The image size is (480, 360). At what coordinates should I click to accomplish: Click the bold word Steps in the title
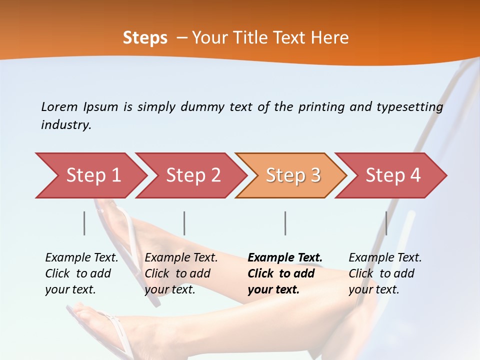(145, 38)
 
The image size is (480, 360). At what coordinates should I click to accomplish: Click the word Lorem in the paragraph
(59, 106)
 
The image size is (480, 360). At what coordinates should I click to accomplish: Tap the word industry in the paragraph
(66, 125)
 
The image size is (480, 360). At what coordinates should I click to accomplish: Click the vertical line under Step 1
(84, 223)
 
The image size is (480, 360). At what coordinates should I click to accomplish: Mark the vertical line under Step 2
(184, 223)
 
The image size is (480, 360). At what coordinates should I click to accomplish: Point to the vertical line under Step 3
(285, 223)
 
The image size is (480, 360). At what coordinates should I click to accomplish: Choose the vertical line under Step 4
(386, 223)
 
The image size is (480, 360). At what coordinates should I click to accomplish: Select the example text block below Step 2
(180, 273)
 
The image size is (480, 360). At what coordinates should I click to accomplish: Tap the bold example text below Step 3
(284, 273)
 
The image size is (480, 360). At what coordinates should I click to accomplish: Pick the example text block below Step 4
(384, 273)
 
